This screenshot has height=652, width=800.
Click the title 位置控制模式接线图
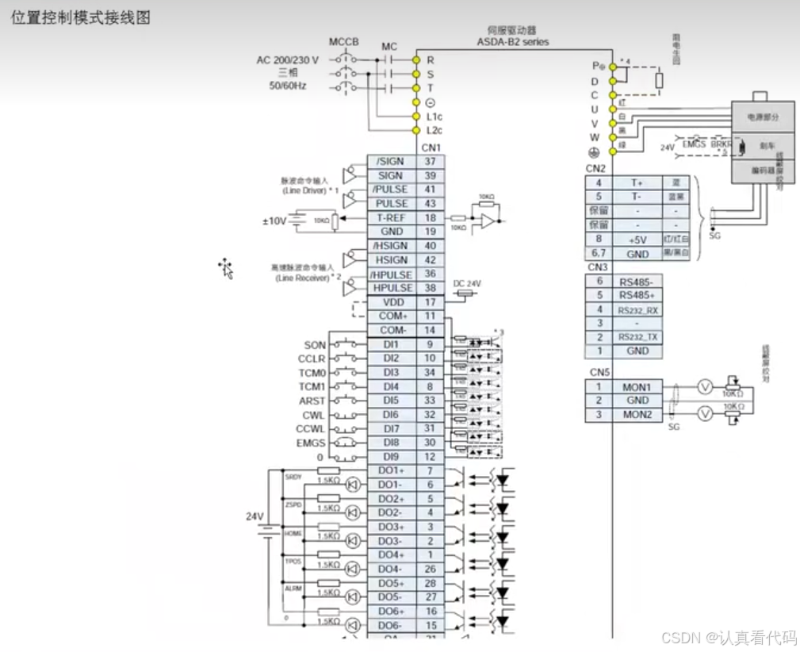[x=80, y=17]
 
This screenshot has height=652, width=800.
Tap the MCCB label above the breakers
[x=344, y=41]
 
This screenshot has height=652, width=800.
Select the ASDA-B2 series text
[x=512, y=41]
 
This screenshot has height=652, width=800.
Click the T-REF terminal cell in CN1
[x=392, y=217]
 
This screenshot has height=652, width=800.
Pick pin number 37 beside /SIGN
[x=431, y=161]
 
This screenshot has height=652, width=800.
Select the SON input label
[x=315, y=345]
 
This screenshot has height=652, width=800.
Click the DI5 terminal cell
[x=392, y=401]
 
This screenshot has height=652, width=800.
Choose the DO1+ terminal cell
[x=392, y=470]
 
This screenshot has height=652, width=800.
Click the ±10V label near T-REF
[x=274, y=221]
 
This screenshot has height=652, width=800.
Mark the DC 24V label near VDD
[x=467, y=283]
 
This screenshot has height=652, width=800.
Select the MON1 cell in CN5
[x=637, y=387]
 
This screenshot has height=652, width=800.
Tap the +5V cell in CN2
[x=637, y=239]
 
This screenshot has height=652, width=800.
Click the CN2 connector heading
[x=595, y=168]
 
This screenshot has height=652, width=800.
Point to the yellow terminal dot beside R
[x=415, y=59]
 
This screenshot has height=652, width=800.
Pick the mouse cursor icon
[x=226, y=268]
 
